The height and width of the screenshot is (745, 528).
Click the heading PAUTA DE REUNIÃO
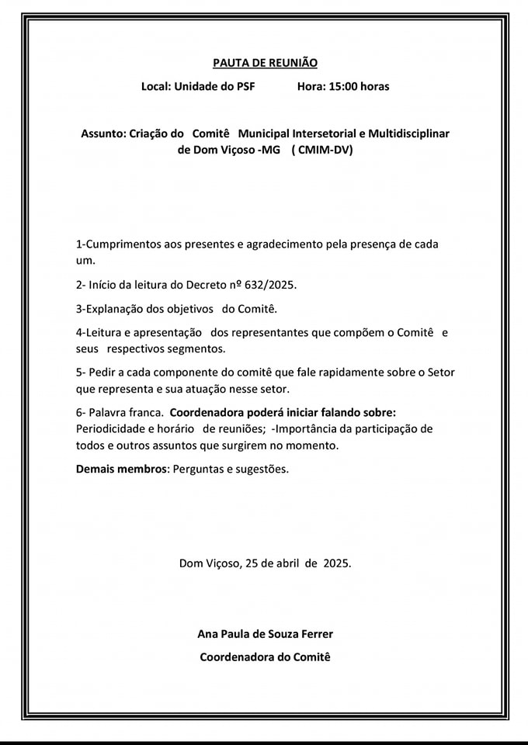coord(265,63)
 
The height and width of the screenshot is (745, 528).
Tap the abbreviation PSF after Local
coord(244,86)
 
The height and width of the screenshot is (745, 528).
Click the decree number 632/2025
coord(269,285)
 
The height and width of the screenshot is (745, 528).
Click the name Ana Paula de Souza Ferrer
coord(265,634)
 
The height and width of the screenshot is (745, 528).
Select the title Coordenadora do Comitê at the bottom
coord(265,657)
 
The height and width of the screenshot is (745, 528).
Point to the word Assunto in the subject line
coord(102,133)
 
